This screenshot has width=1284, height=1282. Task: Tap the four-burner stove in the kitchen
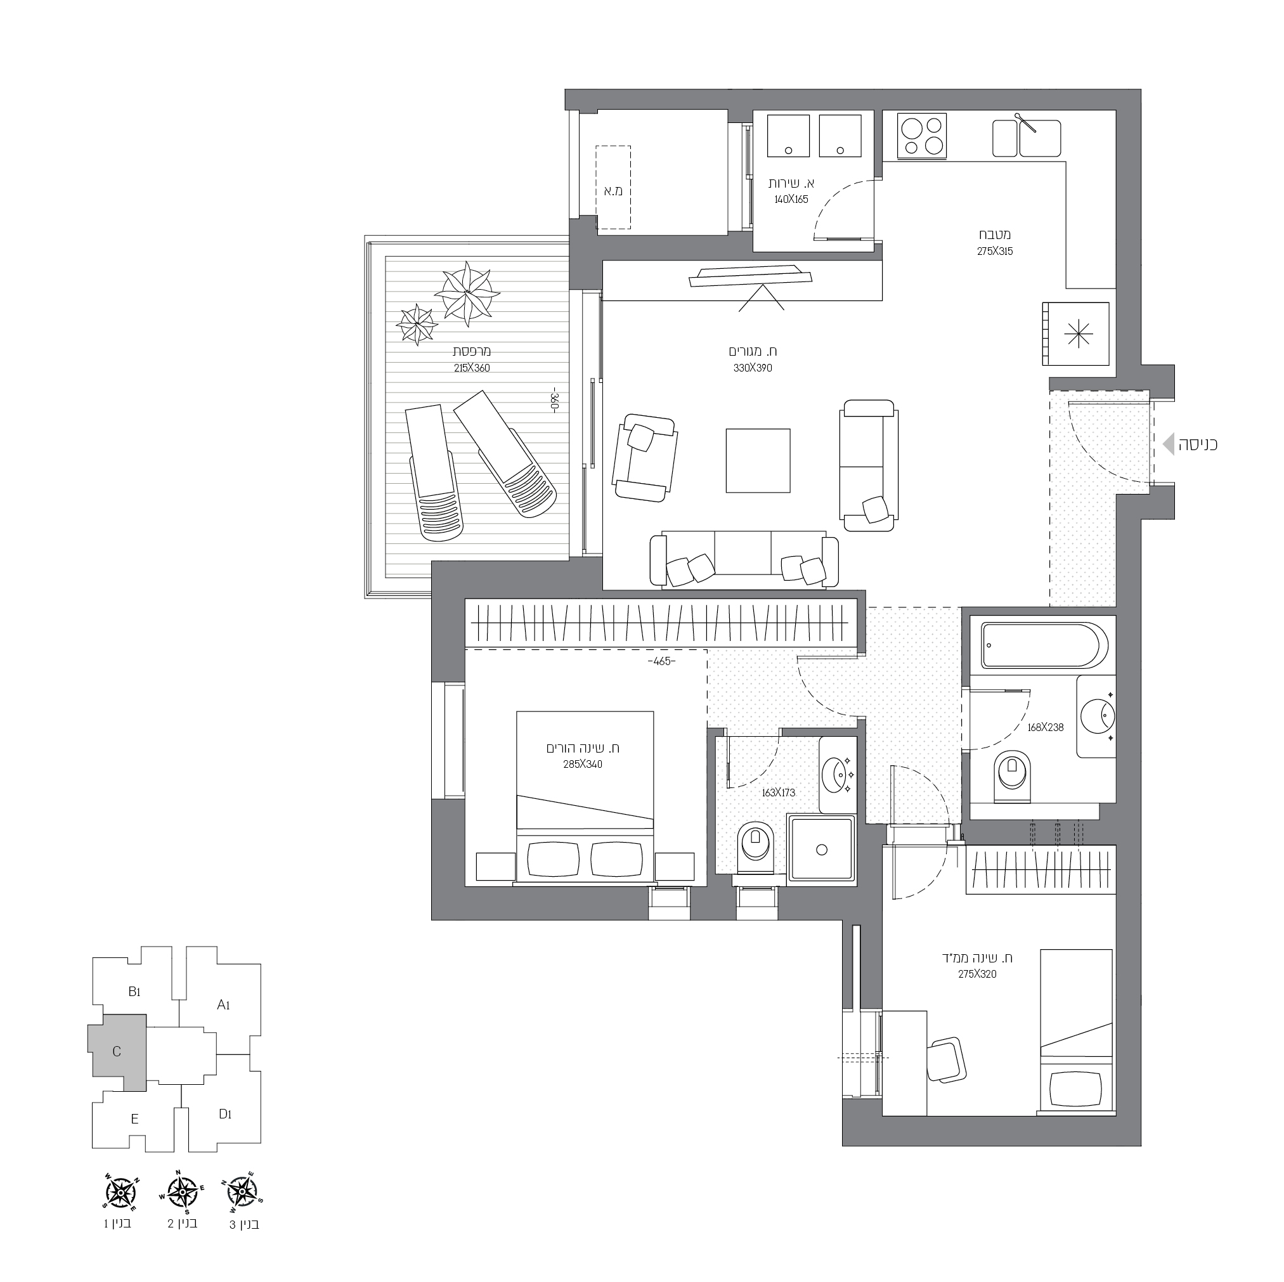pos(921,136)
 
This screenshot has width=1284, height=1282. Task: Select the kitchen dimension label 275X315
pos(994,252)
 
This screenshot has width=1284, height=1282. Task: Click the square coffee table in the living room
pos(758,460)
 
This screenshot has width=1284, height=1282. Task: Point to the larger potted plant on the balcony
pos(467,293)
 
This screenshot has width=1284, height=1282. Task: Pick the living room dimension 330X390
pos(753,368)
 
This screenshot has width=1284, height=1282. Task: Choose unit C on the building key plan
pos(117,1051)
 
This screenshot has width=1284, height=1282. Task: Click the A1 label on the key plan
pos(223,1005)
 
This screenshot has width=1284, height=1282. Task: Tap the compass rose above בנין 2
pos(181,1193)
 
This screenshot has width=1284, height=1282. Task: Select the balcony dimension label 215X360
pos(472,368)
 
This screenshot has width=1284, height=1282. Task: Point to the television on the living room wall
pos(751,276)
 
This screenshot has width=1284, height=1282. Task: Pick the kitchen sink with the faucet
pos(1026,138)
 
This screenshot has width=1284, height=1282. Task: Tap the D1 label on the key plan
pos(224,1113)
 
